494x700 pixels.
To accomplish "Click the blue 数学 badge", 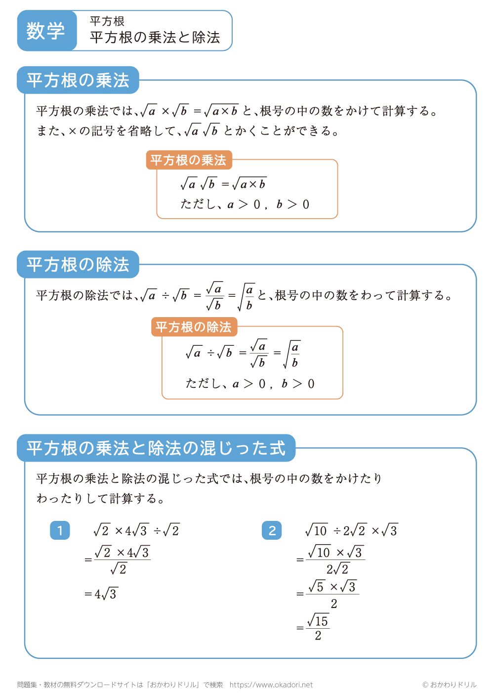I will coord(46,31).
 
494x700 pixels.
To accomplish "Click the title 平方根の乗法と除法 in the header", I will coord(155,38).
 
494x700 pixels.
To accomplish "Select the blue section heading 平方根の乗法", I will coord(78,80).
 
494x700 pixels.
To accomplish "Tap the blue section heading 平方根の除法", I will coord(78,265).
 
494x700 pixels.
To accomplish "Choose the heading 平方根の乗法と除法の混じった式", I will coord(156,448).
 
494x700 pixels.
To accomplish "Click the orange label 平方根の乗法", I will coord(188,160).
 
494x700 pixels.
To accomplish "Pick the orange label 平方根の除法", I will coord(194,327).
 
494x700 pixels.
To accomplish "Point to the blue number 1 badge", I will coord(60,531).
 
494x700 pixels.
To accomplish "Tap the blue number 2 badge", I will coord(272,531).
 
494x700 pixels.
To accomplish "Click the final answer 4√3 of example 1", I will coord(105,594).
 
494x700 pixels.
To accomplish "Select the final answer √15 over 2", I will coord(318,628).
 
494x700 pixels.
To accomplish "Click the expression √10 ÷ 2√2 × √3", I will coord(351,531).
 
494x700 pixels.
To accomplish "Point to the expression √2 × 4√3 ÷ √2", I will coord(136,531).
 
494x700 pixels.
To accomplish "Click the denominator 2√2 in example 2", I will coord(338,569).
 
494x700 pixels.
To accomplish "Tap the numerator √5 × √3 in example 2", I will coord(332,587).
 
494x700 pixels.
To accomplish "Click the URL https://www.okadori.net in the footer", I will coord(271,685).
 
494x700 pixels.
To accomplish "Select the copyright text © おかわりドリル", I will coord(449,685).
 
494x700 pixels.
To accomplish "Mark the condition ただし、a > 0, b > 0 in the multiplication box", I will coord(245,204).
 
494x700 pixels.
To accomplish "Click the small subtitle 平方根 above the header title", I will coord(107,21).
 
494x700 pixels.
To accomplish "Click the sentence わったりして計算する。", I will coord(101,499).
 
